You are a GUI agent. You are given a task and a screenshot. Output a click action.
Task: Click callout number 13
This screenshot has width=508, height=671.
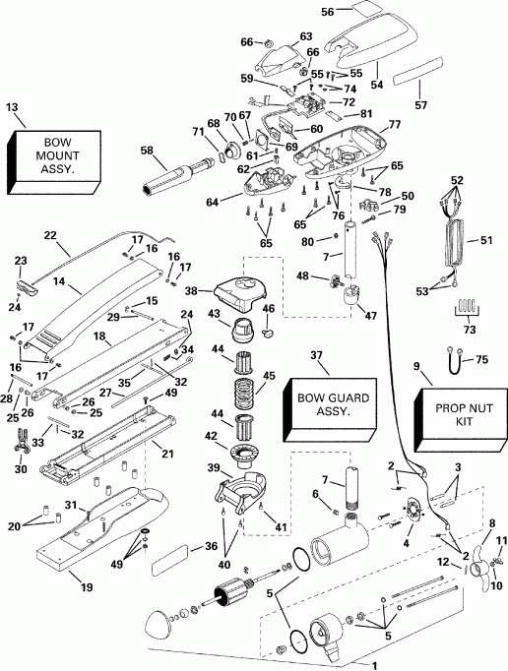(13, 107)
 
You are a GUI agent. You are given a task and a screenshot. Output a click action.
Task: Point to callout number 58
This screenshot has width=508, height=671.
(146, 151)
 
